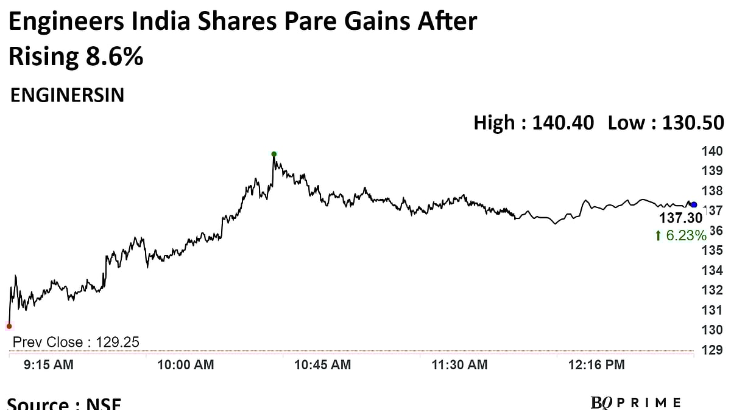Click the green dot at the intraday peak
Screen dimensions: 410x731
pos(274,154)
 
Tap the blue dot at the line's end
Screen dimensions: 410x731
pos(694,204)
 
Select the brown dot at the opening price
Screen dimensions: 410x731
pos(9,326)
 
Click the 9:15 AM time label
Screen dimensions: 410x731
pos(48,365)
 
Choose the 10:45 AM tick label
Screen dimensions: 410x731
pos(322,365)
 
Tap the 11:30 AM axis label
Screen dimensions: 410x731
pos(459,365)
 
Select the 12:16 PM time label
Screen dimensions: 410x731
pos(596,365)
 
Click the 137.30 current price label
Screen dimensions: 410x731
pos(680,218)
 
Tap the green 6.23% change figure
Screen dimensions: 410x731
pos(680,235)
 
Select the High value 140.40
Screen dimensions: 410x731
pos(563,123)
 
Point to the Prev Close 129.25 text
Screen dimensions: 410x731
pos(76,342)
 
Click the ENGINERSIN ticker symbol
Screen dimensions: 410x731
pos(68,96)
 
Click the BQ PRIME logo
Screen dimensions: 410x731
pos(635,402)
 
